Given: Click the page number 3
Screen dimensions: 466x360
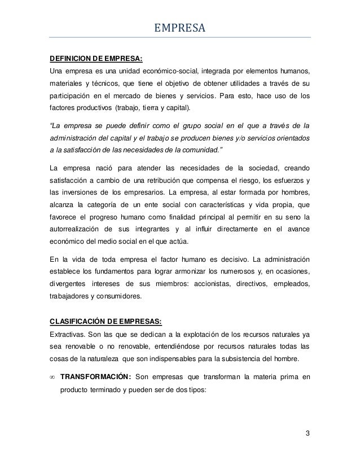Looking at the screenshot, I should (x=307, y=434).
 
